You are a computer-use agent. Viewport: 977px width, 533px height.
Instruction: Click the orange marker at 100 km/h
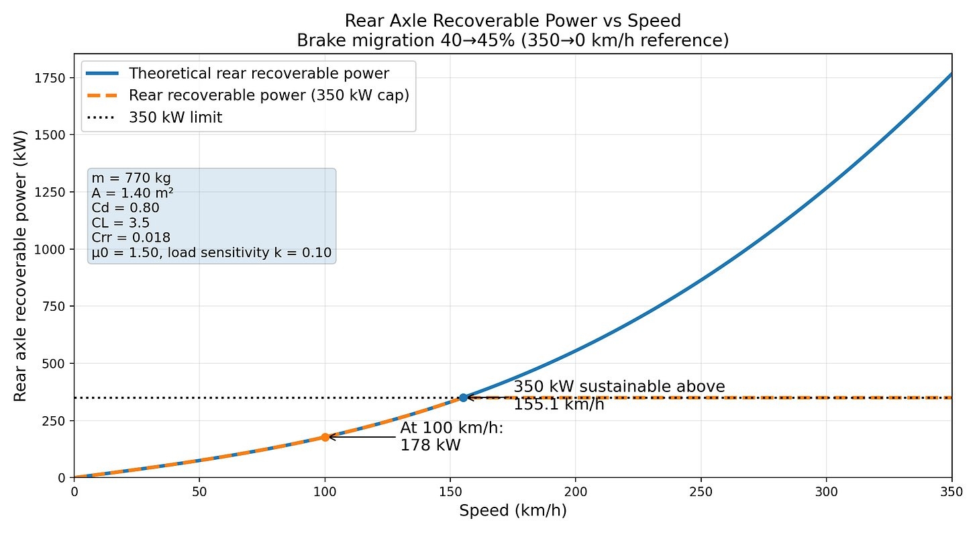(325, 437)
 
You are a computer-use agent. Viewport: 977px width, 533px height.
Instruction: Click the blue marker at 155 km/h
(463, 397)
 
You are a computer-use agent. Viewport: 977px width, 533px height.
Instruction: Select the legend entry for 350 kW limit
(176, 117)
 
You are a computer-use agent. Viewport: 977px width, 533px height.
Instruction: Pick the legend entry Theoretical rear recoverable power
(259, 72)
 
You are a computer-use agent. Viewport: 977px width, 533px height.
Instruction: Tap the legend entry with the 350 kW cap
(269, 95)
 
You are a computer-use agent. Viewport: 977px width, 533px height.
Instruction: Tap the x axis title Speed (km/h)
(513, 511)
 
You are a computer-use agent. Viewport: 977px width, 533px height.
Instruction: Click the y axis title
(20, 266)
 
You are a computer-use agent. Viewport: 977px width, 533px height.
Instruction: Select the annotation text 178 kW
(430, 445)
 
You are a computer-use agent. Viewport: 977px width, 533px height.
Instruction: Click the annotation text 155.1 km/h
(559, 404)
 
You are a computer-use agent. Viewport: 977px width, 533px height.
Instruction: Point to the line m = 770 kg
(131, 179)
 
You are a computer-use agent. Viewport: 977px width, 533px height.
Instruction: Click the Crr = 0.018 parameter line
(131, 238)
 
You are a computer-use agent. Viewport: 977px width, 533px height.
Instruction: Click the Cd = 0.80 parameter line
(125, 208)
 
